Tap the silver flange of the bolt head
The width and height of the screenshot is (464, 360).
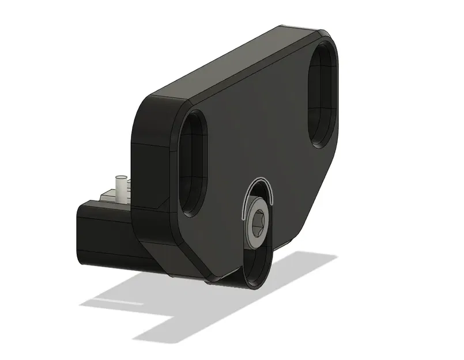click(x=254, y=236)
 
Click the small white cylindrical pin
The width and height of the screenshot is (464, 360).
click(x=121, y=187)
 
